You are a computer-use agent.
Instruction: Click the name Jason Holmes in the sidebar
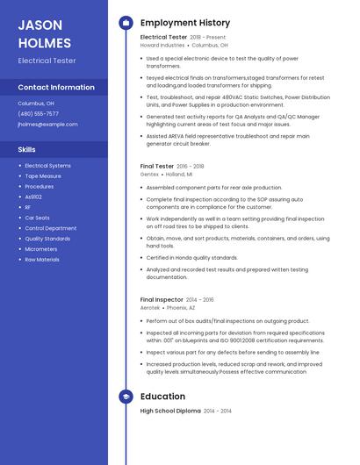click(44, 33)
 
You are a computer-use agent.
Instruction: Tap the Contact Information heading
click(56, 88)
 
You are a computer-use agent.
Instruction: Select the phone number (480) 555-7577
click(38, 114)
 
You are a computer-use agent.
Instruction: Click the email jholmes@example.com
click(47, 125)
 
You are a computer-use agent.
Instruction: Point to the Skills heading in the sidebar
click(26, 150)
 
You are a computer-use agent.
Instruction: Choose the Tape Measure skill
click(42, 176)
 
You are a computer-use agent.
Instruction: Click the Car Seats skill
click(37, 218)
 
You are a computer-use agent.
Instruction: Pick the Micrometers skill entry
click(40, 249)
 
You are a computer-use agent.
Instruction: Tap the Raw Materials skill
click(42, 260)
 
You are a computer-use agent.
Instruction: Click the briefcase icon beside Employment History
click(126, 23)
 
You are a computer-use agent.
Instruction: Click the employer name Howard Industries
click(162, 45)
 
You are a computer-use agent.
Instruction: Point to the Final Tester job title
click(157, 166)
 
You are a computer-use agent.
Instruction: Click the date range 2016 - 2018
click(191, 166)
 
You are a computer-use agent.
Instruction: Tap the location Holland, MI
click(178, 175)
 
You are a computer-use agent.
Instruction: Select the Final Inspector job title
click(162, 300)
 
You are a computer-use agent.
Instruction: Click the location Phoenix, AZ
click(181, 308)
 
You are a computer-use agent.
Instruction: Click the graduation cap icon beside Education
click(126, 397)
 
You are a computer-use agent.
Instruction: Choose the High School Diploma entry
click(170, 411)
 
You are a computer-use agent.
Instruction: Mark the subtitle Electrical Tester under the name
click(47, 61)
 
